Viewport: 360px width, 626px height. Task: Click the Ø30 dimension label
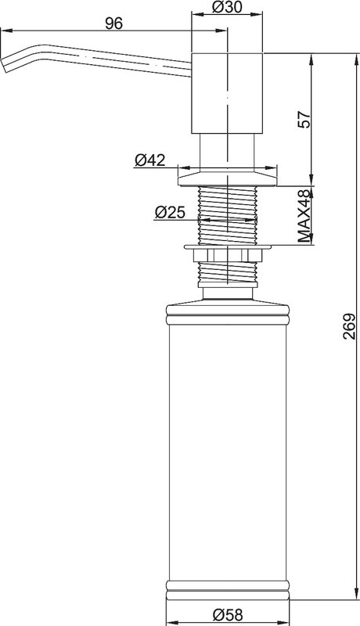tap(227, 7)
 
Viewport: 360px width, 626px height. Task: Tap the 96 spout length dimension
tap(113, 23)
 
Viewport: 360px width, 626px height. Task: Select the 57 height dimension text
tap(304, 119)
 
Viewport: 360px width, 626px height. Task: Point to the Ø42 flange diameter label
tap(149, 160)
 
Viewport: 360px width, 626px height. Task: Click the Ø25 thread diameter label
tap(170, 212)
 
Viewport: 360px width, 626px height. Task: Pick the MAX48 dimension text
tap(304, 216)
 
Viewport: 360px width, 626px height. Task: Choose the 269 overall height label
tap(349, 326)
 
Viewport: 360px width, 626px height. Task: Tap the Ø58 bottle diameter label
tap(227, 615)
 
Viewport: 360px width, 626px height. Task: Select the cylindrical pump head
tap(227, 93)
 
